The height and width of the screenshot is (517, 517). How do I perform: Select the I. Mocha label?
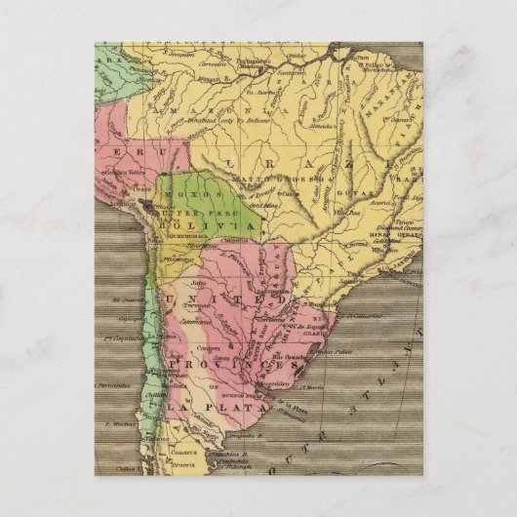118,425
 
